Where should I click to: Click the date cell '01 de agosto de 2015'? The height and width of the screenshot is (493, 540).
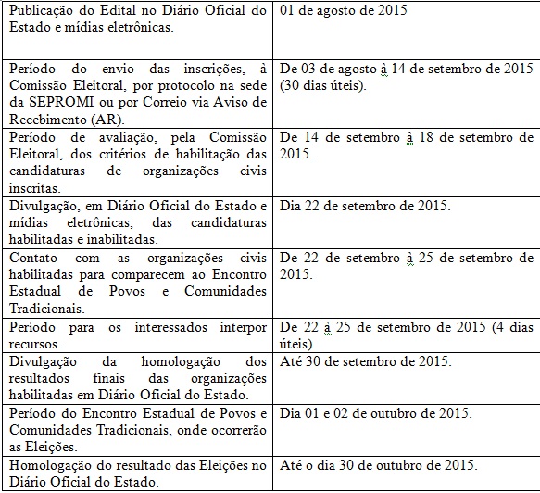click(342, 12)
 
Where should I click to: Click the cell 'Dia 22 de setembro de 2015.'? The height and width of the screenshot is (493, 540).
click(365, 205)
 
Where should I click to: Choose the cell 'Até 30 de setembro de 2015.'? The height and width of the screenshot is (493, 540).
click(365, 360)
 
